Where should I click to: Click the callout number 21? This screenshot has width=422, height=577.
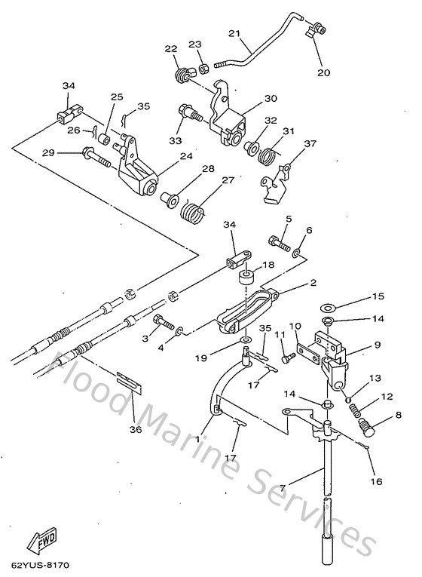click(234, 34)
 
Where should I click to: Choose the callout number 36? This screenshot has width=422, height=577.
click(136, 431)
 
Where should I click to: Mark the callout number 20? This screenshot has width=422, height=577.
click(325, 72)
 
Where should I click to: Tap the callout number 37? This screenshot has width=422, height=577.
click(289, 144)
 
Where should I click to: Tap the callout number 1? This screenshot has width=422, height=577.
click(197, 437)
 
